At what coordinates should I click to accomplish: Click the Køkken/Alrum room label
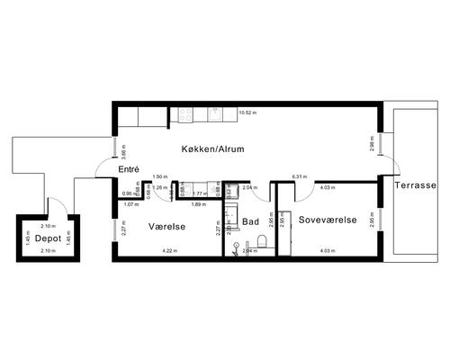click(x=213, y=148)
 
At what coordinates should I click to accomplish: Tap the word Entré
click(x=130, y=169)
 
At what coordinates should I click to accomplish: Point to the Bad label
click(x=251, y=220)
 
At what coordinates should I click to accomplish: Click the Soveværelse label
click(x=328, y=220)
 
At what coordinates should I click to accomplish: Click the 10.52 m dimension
click(x=247, y=113)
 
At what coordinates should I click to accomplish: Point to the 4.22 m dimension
click(x=167, y=250)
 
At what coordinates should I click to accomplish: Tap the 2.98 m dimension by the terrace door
click(x=372, y=144)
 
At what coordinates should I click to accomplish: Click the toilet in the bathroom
click(x=261, y=240)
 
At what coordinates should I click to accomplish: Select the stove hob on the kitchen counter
click(x=186, y=114)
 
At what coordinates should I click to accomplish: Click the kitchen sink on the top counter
click(x=216, y=114)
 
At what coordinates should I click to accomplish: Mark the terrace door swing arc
click(x=389, y=166)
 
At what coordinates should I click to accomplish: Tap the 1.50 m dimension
click(x=159, y=176)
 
